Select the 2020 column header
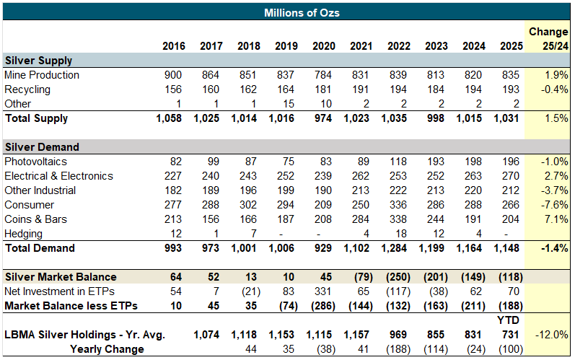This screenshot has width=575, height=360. (323, 46)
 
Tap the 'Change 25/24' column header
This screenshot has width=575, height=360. (548, 39)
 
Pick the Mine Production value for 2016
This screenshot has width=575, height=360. (174, 75)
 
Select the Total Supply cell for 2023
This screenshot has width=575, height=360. (436, 118)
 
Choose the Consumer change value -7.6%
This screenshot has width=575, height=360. (553, 205)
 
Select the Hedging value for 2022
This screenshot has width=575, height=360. (401, 234)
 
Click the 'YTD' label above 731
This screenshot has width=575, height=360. (512, 320)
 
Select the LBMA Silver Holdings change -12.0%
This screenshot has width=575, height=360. (552, 335)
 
